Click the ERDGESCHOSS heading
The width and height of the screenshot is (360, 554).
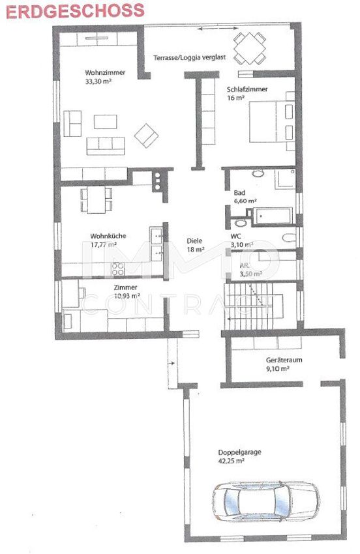75,11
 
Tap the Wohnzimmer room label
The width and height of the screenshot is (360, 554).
105,73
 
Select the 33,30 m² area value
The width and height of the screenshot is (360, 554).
98,81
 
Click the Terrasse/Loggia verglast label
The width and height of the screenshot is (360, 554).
190,57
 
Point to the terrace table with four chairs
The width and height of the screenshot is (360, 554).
250,48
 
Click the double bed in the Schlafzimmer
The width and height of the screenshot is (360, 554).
272,121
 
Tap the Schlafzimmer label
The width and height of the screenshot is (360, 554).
247,89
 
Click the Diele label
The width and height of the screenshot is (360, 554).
194,241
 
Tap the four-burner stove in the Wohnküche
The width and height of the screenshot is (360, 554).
118,269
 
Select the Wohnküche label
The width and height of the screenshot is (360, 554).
108,236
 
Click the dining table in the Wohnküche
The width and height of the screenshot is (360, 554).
96,199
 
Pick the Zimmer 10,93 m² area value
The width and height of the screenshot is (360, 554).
127,297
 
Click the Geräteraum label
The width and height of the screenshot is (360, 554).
284,360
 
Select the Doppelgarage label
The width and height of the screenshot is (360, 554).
239,452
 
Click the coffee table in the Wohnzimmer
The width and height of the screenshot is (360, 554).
106,121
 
